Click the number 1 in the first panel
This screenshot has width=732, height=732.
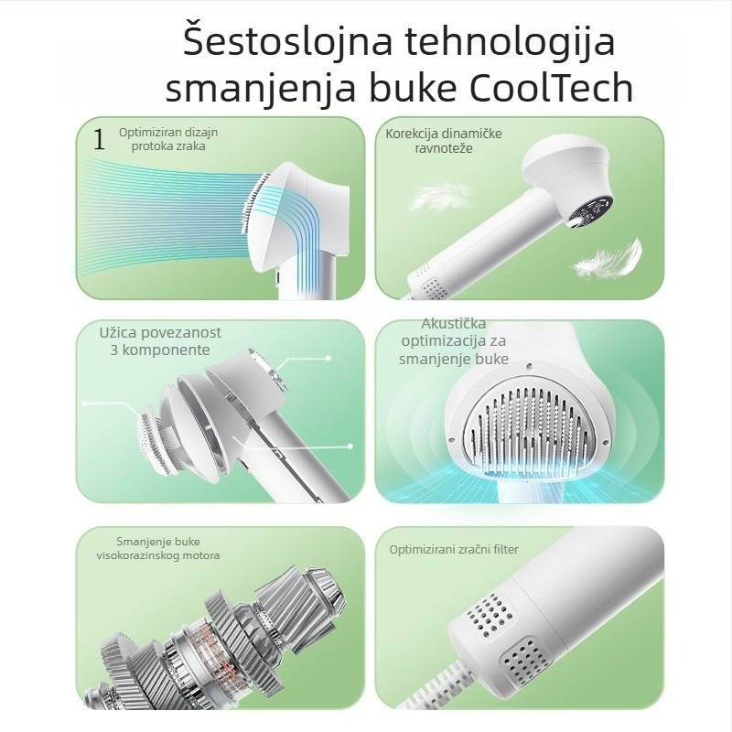coord(99,139)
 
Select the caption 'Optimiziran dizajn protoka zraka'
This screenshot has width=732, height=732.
coord(168,138)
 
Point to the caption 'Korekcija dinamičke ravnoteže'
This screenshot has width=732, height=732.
coord(444,140)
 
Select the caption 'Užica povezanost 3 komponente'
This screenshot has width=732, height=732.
coord(160,340)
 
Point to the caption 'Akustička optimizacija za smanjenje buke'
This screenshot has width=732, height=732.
coord(453,341)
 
